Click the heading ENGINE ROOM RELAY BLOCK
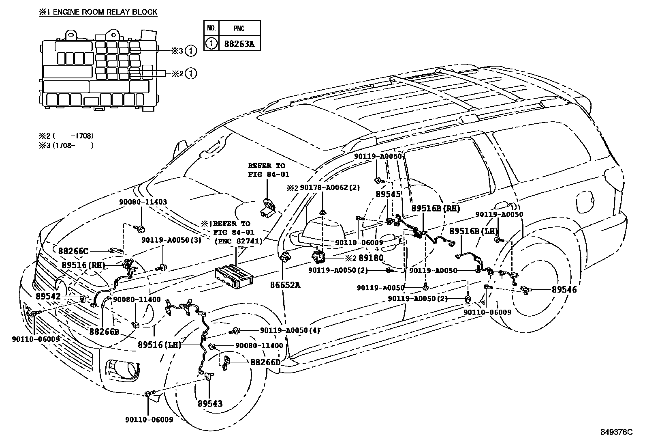tap(98, 12)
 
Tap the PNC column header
tap(239, 28)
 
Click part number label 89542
tap(48, 297)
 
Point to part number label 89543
tap(210, 404)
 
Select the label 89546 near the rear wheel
tap(564, 289)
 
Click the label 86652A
tap(285, 285)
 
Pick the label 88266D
tap(265, 362)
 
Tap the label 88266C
tap(73, 251)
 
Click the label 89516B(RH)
tap(436, 208)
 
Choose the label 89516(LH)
tap(159, 345)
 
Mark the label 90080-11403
tap(143, 202)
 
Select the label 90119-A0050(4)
tap(290, 330)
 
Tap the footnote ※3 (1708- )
tap(66, 145)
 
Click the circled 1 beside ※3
tap(193, 51)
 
